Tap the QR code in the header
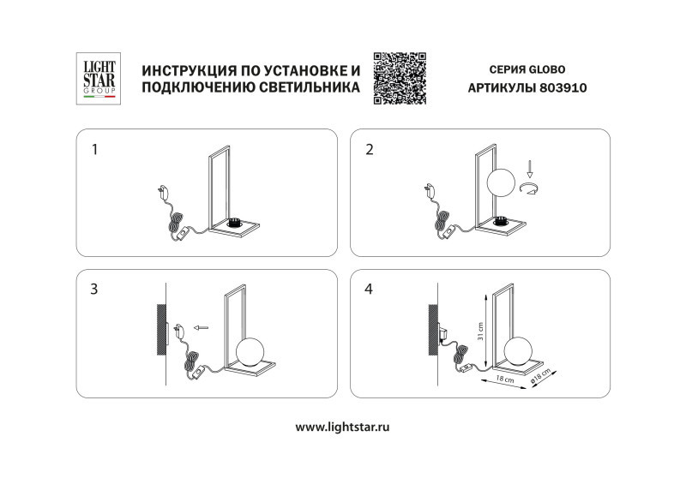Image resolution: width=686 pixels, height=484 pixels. [400, 78]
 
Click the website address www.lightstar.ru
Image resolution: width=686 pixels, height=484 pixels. [342, 426]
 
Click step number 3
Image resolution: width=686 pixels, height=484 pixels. [94, 289]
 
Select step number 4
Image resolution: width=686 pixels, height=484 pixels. [370, 289]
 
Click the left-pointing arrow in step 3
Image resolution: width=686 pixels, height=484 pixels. [202, 327]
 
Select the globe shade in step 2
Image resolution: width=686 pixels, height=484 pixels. [501, 183]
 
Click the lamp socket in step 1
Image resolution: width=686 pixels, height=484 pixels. [234, 224]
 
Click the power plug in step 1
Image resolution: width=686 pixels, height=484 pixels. [163, 193]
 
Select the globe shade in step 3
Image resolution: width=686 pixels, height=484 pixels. [251, 351]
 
